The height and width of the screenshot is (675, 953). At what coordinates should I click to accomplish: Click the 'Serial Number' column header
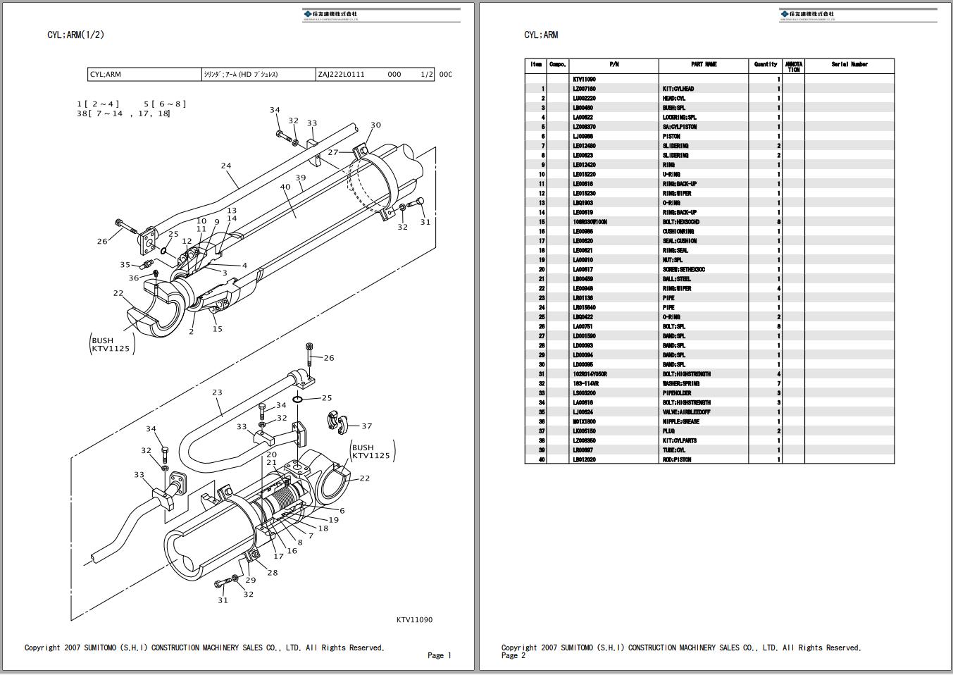pos(849,64)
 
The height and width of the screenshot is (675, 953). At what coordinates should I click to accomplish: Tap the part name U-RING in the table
pos(671,175)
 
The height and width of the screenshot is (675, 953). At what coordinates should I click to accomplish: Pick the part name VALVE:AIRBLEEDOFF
pos(686,412)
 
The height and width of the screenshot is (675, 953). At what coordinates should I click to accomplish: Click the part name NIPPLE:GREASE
pos(680,422)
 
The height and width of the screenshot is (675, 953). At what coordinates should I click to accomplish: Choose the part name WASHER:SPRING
pos(680,384)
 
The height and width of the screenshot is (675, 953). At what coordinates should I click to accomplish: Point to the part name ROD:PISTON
pos(677,460)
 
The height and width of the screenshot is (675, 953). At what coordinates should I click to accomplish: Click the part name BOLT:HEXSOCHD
pos(680,222)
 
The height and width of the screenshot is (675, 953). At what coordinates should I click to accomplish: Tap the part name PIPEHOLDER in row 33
pos(677,393)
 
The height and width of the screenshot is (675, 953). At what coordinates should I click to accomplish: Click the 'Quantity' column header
pos(765,64)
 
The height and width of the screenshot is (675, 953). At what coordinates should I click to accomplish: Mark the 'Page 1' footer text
pos(439,655)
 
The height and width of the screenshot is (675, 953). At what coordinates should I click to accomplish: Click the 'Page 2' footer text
pos(513,655)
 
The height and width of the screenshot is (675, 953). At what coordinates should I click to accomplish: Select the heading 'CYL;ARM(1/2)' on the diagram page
pos(76,35)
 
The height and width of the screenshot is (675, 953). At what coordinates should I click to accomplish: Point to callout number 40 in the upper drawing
pos(285,187)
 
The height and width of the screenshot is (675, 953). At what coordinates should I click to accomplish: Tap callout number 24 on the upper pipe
pos(225,166)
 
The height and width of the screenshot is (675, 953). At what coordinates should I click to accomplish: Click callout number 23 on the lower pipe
pos(217,392)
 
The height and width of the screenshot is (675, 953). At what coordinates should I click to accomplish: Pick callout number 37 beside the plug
pos(366,426)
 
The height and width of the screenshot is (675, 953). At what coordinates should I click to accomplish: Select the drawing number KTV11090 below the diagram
pos(414,620)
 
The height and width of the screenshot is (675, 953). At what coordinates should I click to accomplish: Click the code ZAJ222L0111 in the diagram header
pos(341,75)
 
